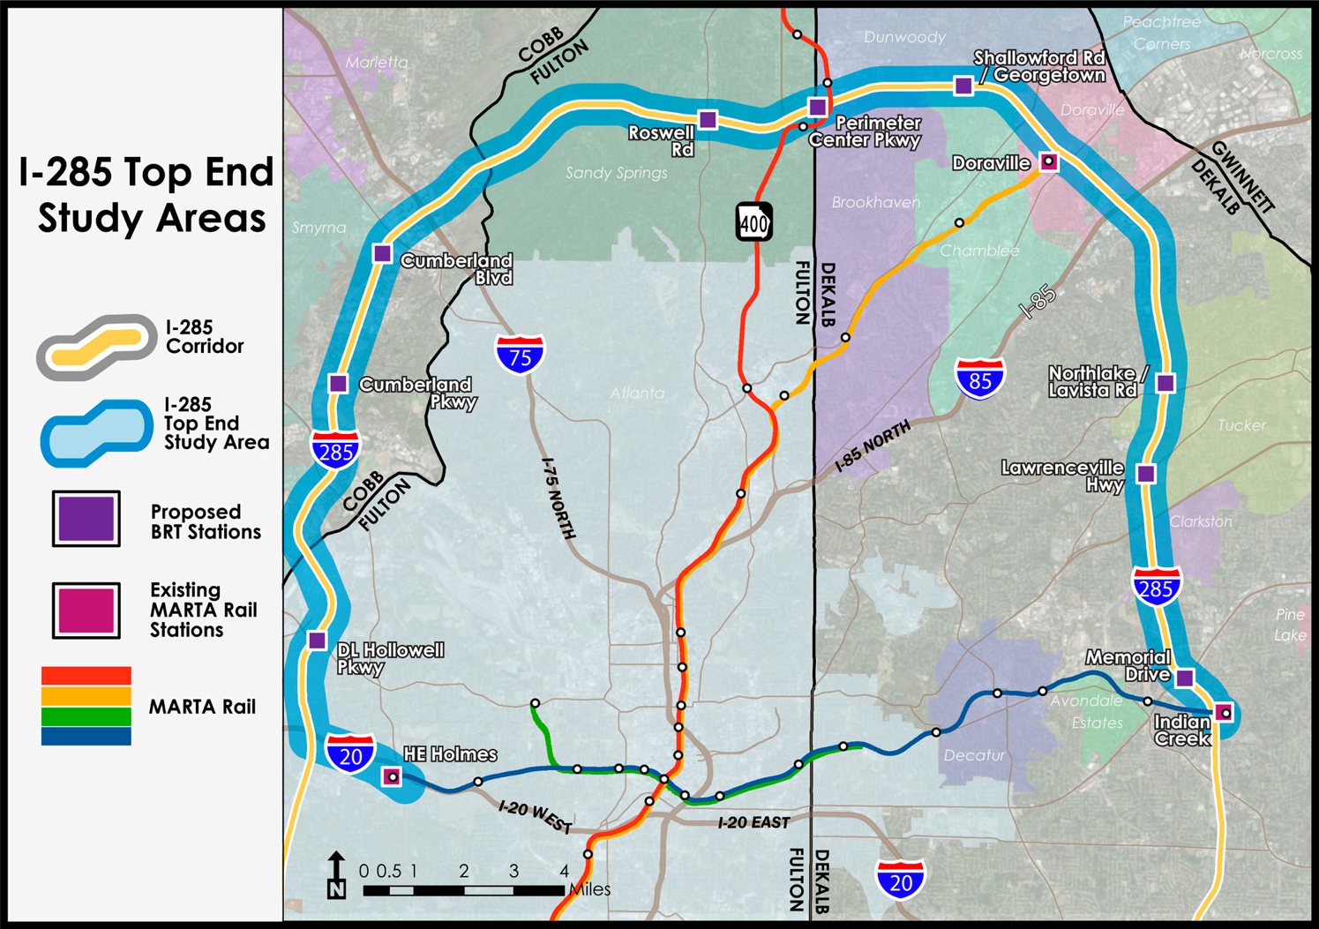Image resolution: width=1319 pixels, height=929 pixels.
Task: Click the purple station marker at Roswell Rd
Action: point(708,119)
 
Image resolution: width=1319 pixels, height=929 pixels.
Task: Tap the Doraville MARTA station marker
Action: point(1048,161)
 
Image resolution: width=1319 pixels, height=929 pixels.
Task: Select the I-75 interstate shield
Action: point(520,355)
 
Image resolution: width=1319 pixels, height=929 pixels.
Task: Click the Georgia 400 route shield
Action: point(754,222)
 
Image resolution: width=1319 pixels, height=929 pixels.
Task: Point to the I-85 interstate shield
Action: point(979,378)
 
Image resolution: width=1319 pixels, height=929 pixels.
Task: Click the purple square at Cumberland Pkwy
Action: point(338,384)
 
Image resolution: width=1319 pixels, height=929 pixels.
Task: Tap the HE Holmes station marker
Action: point(392,776)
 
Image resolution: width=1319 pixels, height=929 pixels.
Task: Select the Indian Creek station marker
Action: point(1225,712)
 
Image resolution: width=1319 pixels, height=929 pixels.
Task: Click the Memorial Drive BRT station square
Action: point(1185,678)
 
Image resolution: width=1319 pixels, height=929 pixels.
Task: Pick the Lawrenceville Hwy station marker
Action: point(1145,474)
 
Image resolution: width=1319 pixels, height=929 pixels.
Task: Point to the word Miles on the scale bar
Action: point(589,890)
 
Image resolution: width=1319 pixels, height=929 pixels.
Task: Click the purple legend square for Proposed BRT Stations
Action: point(86,519)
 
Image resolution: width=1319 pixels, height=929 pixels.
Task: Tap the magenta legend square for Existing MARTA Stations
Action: point(86,610)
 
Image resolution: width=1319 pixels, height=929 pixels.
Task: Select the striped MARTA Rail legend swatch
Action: point(86,706)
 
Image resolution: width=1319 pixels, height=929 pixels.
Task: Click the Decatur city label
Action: point(973,755)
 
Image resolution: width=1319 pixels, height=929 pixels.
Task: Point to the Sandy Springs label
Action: point(616,173)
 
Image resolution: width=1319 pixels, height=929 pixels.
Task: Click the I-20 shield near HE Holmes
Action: point(350,754)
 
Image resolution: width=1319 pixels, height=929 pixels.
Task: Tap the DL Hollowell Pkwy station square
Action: point(318,641)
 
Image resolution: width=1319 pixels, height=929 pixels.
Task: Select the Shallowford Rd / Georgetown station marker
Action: point(963,86)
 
